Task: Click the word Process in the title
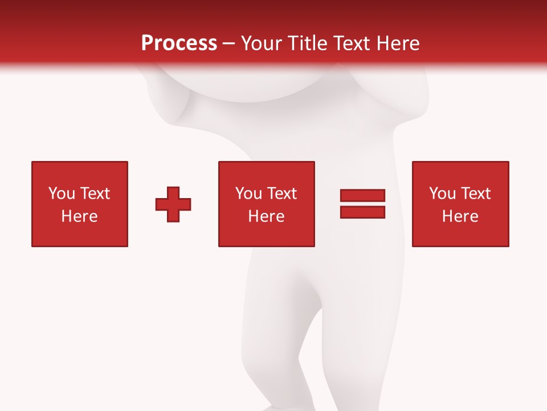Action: pos(179,43)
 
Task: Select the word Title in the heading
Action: pos(308,43)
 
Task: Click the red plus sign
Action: pos(173,204)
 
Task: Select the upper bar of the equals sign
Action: pos(362,196)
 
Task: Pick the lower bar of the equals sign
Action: pos(362,212)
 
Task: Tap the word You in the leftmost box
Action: pos(62,194)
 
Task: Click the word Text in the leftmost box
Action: pos(95,194)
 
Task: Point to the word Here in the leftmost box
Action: pos(80,216)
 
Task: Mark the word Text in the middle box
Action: pos(281,194)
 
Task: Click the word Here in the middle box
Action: pos(267,216)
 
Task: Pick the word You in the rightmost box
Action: pos(443,194)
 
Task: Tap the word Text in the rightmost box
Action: pos(475,194)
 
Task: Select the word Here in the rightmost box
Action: pos(460,216)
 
